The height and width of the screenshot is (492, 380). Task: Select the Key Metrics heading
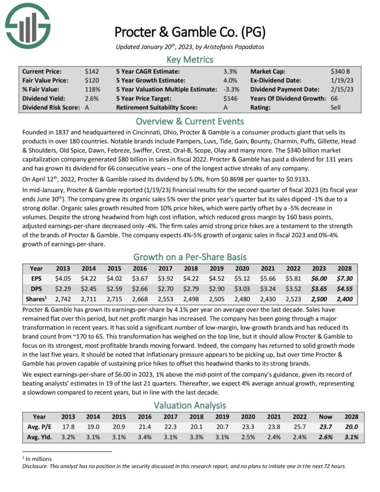click(189, 59)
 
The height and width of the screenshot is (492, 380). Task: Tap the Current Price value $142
click(92, 71)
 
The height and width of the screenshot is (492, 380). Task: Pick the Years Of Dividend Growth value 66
click(335, 98)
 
